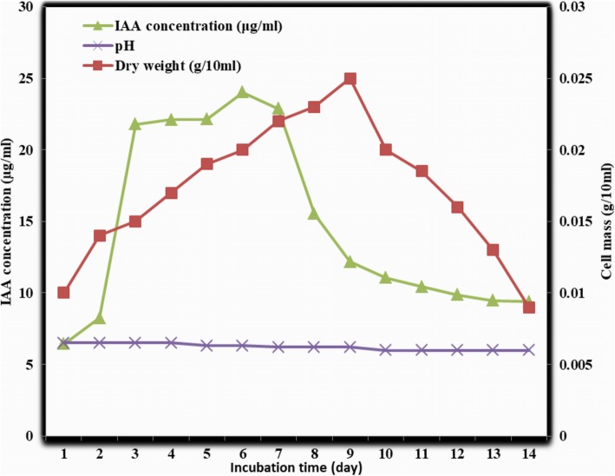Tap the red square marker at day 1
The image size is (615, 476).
coord(63,293)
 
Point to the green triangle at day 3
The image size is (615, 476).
coord(135,124)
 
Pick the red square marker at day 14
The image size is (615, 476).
coord(529,307)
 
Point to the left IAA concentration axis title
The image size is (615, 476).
coord(8,221)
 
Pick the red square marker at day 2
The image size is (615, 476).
coord(100,235)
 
